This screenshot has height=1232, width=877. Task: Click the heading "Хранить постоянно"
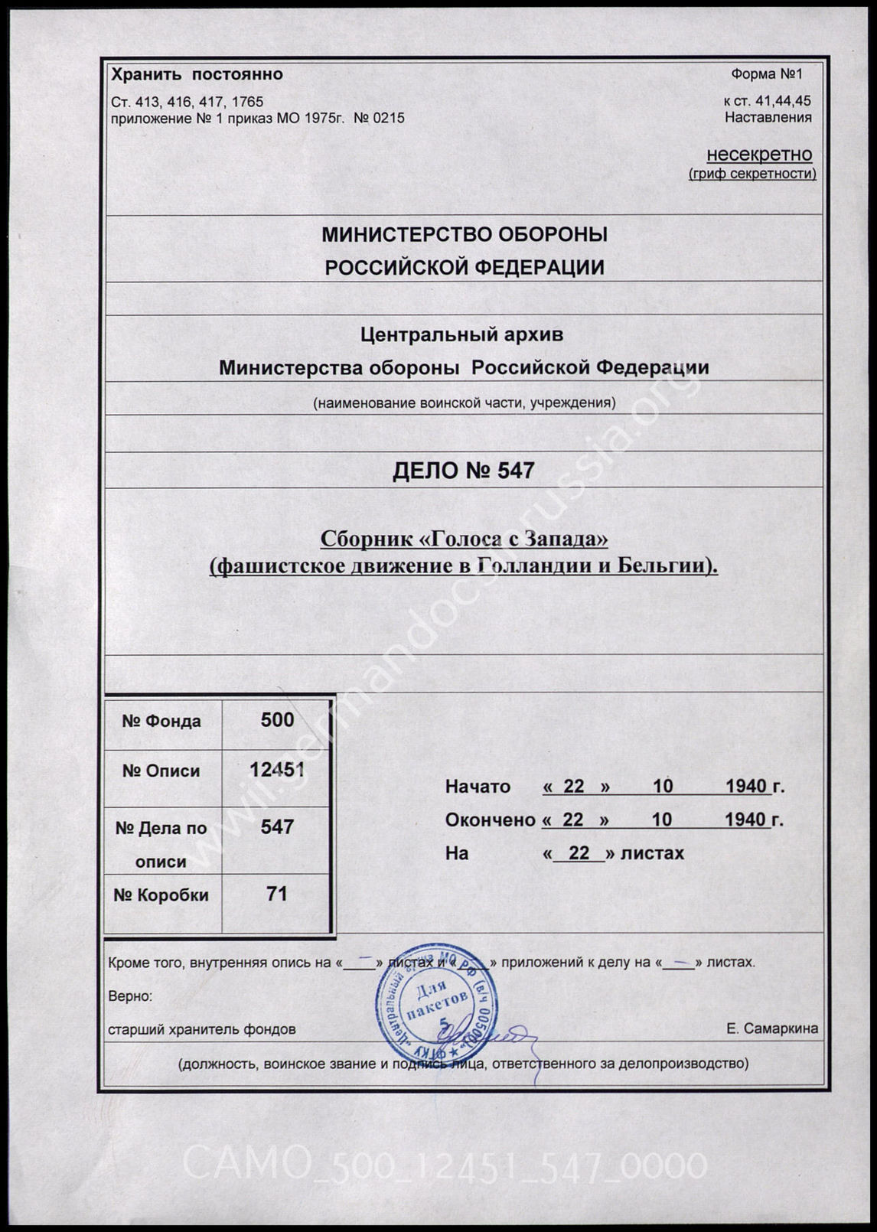[x=197, y=74]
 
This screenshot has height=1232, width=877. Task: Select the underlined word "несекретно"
[x=758, y=155]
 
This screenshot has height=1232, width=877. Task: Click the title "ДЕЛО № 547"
[x=463, y=471]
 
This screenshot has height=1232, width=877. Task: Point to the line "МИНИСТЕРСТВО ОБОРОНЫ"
[x=464, y=234]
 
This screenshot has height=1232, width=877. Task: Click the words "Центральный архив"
[x=461, y=334]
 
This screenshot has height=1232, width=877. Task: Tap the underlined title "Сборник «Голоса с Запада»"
[x=464, y=539]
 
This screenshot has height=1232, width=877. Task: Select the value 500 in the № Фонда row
[x=277, y=719]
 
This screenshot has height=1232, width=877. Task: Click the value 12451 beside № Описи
[x=277, y=770]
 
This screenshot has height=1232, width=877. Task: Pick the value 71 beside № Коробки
[x=277, y=894]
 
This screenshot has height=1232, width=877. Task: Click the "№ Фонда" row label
[x=161, y=721]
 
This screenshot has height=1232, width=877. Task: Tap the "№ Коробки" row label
[x=161, y=895]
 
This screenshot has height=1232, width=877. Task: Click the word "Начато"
[x=478, y=787]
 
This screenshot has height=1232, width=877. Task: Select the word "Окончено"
[x=490, y=820]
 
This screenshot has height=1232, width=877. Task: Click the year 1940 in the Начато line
[x=746, y=786]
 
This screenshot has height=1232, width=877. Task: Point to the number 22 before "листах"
[x=579, y=852]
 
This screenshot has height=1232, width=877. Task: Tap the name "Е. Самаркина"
[x=771, y=1028]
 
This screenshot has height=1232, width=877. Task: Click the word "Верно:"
[x=130, y=996]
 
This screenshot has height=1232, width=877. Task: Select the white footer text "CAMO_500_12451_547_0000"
[x=445, y=1166]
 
